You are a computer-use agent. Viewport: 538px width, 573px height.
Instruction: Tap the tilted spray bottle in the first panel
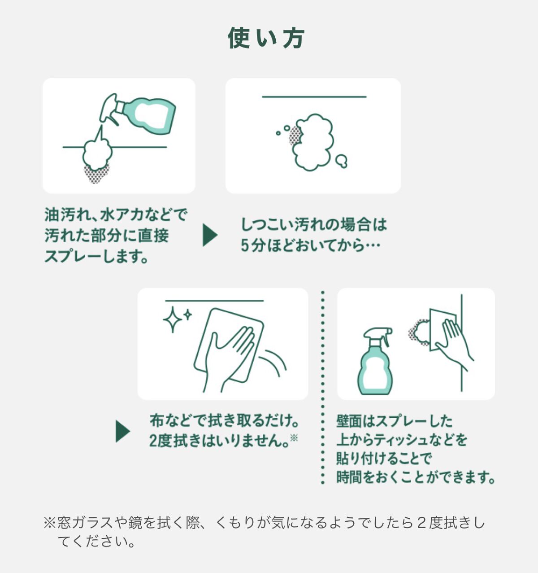[138, 113]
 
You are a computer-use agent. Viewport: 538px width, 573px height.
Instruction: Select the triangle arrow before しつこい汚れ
[210, 235]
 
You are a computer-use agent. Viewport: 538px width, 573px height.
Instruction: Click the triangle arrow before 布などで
[123, 431]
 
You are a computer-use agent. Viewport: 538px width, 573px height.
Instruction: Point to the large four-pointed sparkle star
[173, 319]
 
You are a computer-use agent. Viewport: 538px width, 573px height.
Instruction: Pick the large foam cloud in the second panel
[313, 142]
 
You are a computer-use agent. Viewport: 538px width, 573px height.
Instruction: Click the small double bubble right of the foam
[342, 162]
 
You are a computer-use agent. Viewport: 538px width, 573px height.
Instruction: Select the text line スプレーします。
[96, 257]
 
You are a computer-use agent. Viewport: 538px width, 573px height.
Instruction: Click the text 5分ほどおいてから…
[311, 246]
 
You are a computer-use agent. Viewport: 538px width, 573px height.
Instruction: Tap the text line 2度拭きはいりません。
[219, 441]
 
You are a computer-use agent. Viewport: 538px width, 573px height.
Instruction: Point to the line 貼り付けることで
[383, 458]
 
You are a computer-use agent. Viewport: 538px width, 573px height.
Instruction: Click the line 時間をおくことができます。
[416, 477]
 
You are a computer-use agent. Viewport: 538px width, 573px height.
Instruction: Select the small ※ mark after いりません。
[294, 437]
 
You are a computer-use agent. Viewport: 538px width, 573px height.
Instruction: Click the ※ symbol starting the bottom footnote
[50, 522]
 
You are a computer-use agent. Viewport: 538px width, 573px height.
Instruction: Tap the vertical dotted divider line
[323, 387]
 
